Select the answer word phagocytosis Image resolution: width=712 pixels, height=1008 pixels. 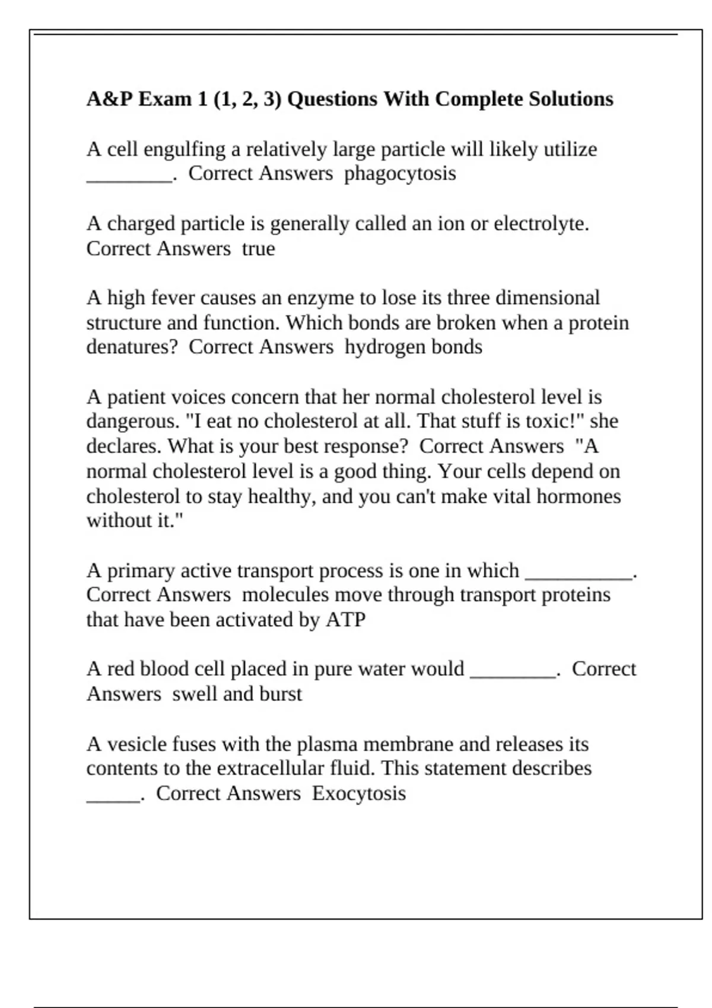click(x=400, y=174)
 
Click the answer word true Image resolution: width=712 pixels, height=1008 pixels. click(x=259, y=249)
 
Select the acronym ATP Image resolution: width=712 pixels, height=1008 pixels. click(x=345, y=620)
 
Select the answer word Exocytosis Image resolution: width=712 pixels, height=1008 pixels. click(x=359, y=794)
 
